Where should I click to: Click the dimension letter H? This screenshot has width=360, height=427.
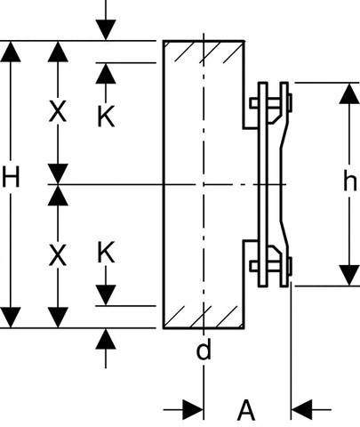11,177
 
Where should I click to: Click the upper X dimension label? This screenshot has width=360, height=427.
58,111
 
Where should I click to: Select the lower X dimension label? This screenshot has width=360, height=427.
58,255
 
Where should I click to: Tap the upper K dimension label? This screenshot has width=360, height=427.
106,117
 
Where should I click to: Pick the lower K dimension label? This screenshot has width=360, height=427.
106,253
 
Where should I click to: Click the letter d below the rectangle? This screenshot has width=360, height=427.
204,350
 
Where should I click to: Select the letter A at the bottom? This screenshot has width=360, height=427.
246,410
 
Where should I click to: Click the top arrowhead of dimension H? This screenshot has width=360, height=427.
11,52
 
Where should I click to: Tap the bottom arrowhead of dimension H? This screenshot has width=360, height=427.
11,318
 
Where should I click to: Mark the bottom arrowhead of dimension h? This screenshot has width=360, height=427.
349,276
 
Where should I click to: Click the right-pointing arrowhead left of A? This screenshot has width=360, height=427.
193,410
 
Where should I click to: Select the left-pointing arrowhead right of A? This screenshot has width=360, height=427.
302,410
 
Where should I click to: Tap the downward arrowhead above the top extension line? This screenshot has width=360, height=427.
106,30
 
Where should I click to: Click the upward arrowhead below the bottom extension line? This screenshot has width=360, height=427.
106,339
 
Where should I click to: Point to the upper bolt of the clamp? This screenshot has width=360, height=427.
270,103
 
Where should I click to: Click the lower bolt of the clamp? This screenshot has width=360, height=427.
270,266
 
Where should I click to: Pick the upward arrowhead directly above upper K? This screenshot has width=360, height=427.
106,74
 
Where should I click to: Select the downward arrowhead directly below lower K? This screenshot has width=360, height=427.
106,295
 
